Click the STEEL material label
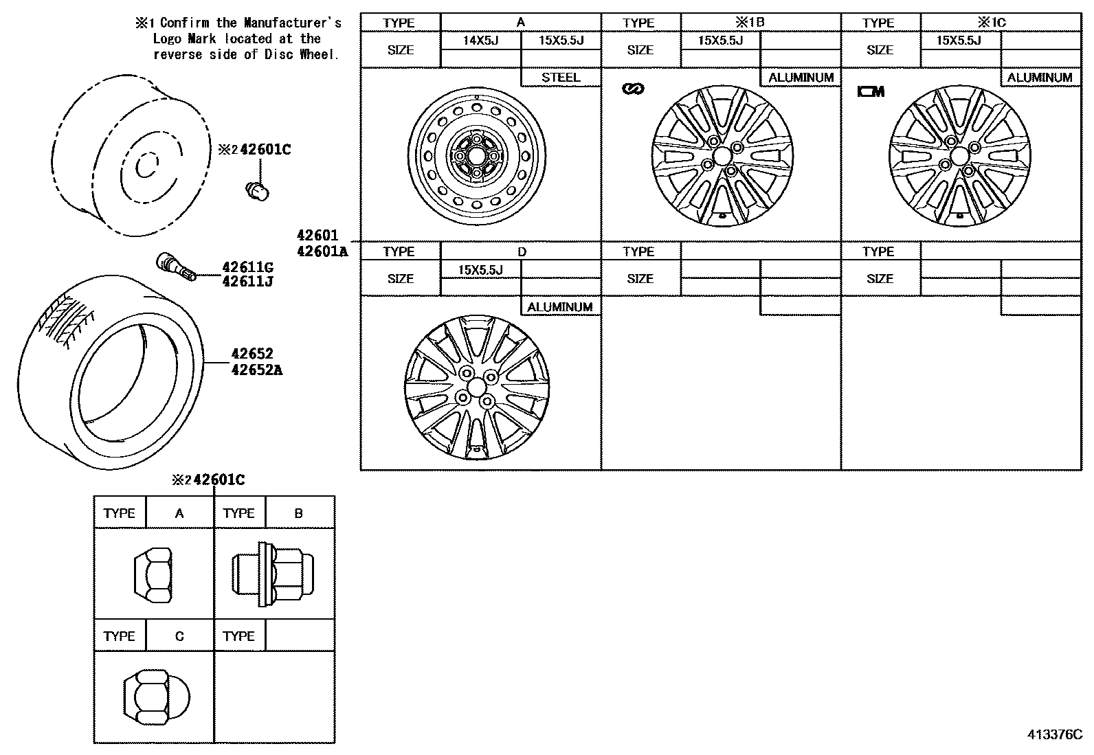pos(561,78)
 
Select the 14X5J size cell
pos(480,41)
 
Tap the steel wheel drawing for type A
pos(477,154)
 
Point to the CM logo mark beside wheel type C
pos(871,91)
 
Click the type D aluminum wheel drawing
pos(476,387)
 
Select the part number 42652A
pos(256,370)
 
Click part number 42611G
pos(247,267)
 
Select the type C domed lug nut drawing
pos(152,697)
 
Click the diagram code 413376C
pos(1055,734)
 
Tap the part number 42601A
pos(322,251)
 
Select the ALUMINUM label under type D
pos(559,307)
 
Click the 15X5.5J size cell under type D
pos(480,270)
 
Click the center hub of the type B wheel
pos(722,157)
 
